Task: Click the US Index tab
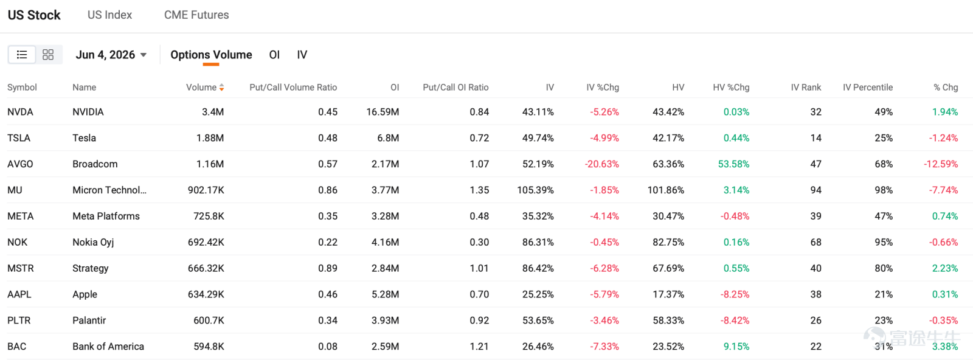pos(109,15)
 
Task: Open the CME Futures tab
pos(196,15)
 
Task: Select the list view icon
pos(22,55)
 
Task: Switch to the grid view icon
pos(48,55)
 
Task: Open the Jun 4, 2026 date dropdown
pos(111,55)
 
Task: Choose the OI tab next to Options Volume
pos(274,55)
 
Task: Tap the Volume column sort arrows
pos(221,88)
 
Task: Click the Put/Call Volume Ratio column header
pos(293,88)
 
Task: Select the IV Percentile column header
pos(868,88)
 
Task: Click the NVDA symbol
pos(21,112)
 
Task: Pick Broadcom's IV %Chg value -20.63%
pos(601,164)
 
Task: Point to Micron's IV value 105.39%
pos(535,190)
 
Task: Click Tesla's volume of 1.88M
pos(210,138)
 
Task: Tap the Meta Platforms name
pos(106,216)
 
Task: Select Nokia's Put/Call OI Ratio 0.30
pos(479,242)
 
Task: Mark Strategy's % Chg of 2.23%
pos(945,268)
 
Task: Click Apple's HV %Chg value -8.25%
pos(735,294)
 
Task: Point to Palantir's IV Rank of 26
pos(815,320)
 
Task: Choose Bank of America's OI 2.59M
pos(386,347)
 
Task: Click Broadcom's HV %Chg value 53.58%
pos(733,164)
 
